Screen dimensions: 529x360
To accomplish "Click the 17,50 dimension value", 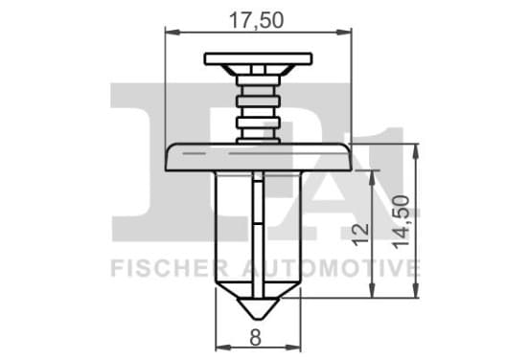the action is click(x=257, y=20).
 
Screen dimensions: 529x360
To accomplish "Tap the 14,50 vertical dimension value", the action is click(x=402, y=222).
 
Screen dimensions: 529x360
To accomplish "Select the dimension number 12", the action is click(x=360, y=235).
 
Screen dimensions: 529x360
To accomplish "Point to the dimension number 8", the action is click(x=255, y=337).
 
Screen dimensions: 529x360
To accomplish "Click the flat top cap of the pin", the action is click(x=258, y=58).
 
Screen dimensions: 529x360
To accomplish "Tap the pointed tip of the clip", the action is click(x=258, y=318).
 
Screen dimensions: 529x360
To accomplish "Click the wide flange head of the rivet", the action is click(x=259, y=157).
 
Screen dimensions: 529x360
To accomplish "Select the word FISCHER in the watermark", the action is click(x=170, y=268).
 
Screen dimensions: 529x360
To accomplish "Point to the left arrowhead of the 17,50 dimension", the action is click(x=172, y=33).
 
